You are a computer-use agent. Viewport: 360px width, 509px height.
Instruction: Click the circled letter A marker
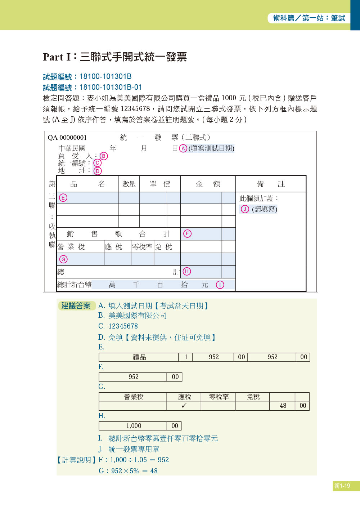(183, 148)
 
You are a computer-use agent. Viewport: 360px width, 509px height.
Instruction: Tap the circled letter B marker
(104, 156)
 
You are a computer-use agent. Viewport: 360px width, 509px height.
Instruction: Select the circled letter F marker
(187, 233)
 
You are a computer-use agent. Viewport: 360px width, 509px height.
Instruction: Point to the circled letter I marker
(220, 285)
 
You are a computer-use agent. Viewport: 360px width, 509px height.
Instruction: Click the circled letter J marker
(245, 209)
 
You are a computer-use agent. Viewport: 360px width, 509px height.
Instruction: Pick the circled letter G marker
(63, 259)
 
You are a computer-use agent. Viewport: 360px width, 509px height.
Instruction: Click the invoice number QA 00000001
(67, 138)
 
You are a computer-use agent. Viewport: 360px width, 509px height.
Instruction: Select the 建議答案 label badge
(76, 306)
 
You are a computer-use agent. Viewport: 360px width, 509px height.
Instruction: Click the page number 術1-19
(342, 486)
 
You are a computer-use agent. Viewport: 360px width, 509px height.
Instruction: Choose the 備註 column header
(271, 184)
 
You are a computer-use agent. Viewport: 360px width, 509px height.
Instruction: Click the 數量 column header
(129, 184)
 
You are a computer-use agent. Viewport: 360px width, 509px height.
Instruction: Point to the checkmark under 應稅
(184, 406)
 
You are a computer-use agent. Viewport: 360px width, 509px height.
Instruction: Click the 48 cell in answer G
(283, 406)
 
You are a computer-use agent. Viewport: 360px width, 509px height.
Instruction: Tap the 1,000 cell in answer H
(134, 426)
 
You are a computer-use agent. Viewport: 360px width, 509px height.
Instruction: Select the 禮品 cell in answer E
(139, 357)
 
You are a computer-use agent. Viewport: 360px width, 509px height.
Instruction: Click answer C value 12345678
(123, 326)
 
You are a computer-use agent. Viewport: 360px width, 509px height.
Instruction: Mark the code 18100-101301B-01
(111, 87)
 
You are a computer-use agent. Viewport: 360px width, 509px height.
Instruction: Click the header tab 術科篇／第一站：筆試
(309, 18)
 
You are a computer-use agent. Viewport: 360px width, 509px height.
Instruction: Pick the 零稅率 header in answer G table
(219, 397)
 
